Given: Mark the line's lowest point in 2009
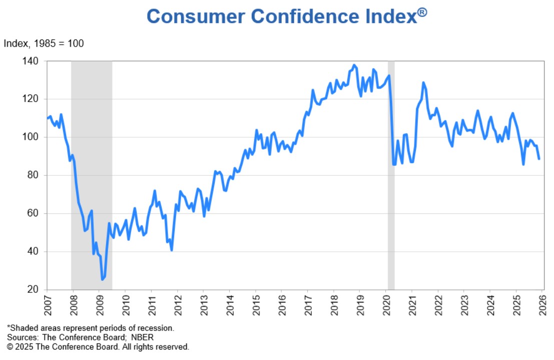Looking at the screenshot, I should [x=102, y=279].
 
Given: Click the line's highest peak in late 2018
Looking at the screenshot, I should [x=354, y=65].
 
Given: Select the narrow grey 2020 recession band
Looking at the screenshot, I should [x=391, y=175].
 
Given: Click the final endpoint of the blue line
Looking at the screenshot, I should [x=539, y=159].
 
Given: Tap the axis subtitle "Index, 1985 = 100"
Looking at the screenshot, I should [x=44, y=44].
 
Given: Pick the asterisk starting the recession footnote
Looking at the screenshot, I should [x=9, y=328].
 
